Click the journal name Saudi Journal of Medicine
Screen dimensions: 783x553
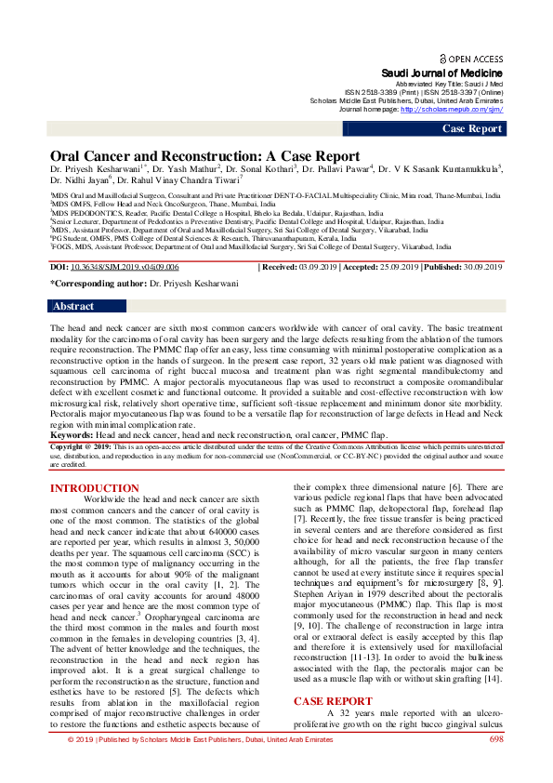coord(442,73)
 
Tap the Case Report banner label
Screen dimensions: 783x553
coord(471,128)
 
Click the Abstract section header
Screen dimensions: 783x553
coord(73,306)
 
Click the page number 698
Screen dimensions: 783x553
coord(495,765)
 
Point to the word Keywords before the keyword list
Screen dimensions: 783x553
coord(71,434)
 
